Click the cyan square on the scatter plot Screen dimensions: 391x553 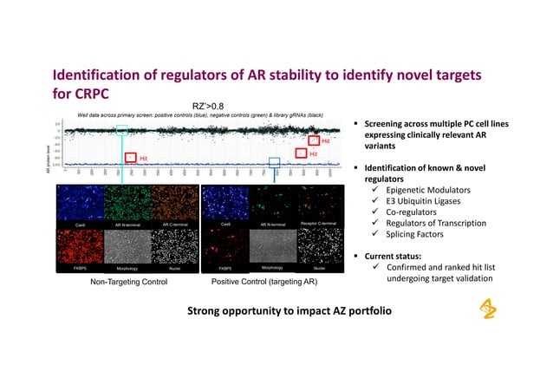[121, 130]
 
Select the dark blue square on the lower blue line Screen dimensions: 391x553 [275, 162]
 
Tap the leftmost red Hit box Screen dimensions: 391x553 [131, 158]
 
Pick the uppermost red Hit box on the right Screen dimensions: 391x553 [314, 140]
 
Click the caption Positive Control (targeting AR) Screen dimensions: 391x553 [264, 283]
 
